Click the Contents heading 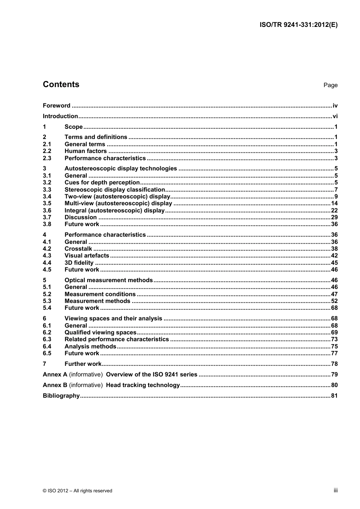[61, 84]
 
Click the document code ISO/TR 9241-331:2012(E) [298, 25]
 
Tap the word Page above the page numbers [330, 85]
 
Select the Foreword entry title [56, 106]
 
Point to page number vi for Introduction [335, 116]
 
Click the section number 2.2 [47, 151]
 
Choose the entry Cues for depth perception [102, 183]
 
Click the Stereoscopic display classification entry [115, 190]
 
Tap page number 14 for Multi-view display [334, 203]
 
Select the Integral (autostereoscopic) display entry [114, 211]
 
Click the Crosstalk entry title [78, 249]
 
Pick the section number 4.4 [47, 263]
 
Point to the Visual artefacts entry [87, 256]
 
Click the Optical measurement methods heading [108, 280]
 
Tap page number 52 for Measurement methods [334, 301]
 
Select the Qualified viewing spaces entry [100, 333]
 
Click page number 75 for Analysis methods [334, 347]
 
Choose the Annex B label [55, 385]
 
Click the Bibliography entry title [61, 396]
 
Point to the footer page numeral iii [335, 490]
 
